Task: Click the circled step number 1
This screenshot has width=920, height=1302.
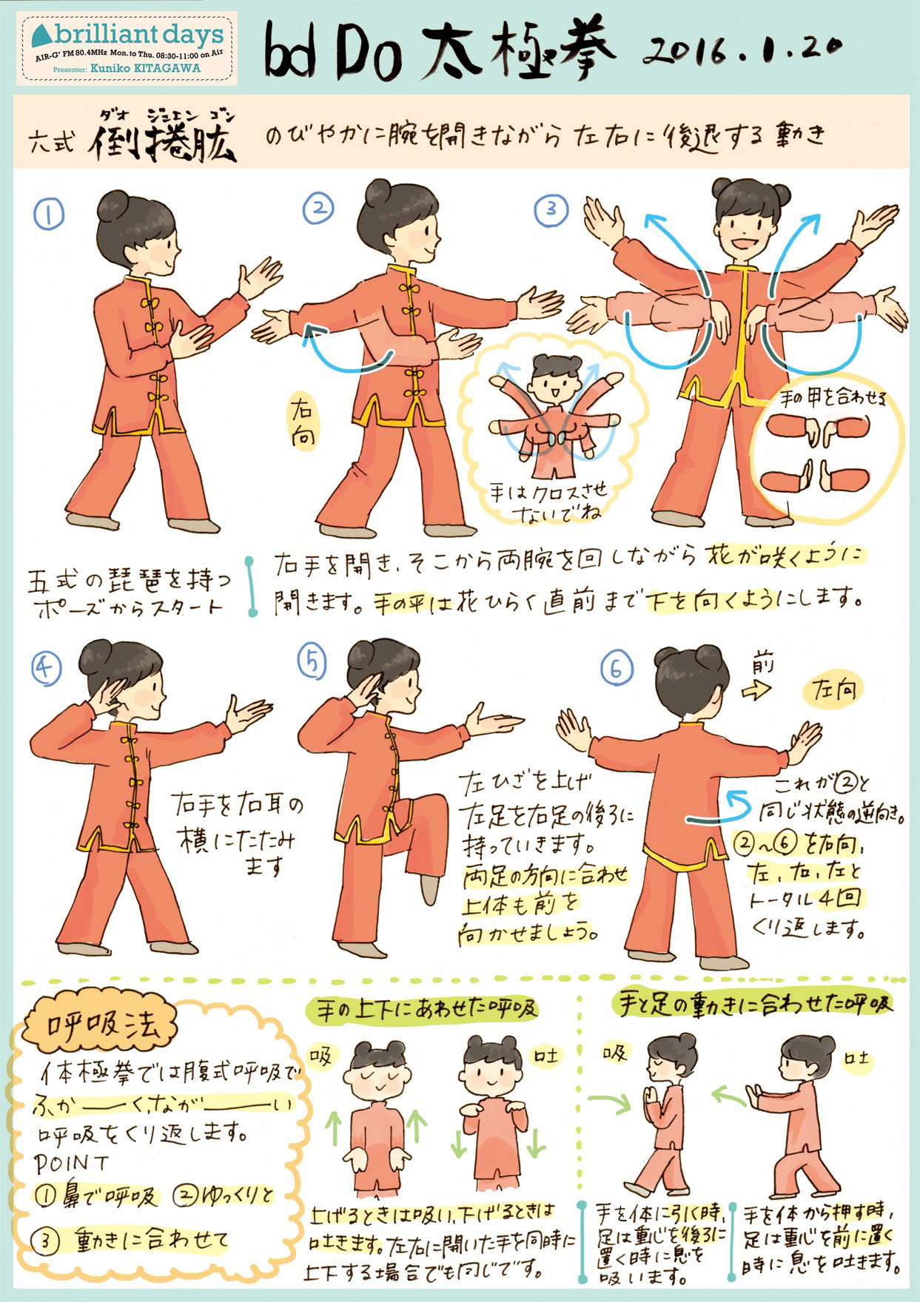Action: pyautogui.click(x=48, y=214)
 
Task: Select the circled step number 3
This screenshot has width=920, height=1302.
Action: pyautogui.click(x=551, y=209)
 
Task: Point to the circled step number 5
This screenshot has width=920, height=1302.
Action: pyautogui.click(x=312, y=661)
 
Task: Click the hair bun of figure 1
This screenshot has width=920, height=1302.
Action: pyautogui.click(x=111, y=203)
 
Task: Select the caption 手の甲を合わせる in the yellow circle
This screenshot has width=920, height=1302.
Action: pyautogui.click(x=833, y=399)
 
